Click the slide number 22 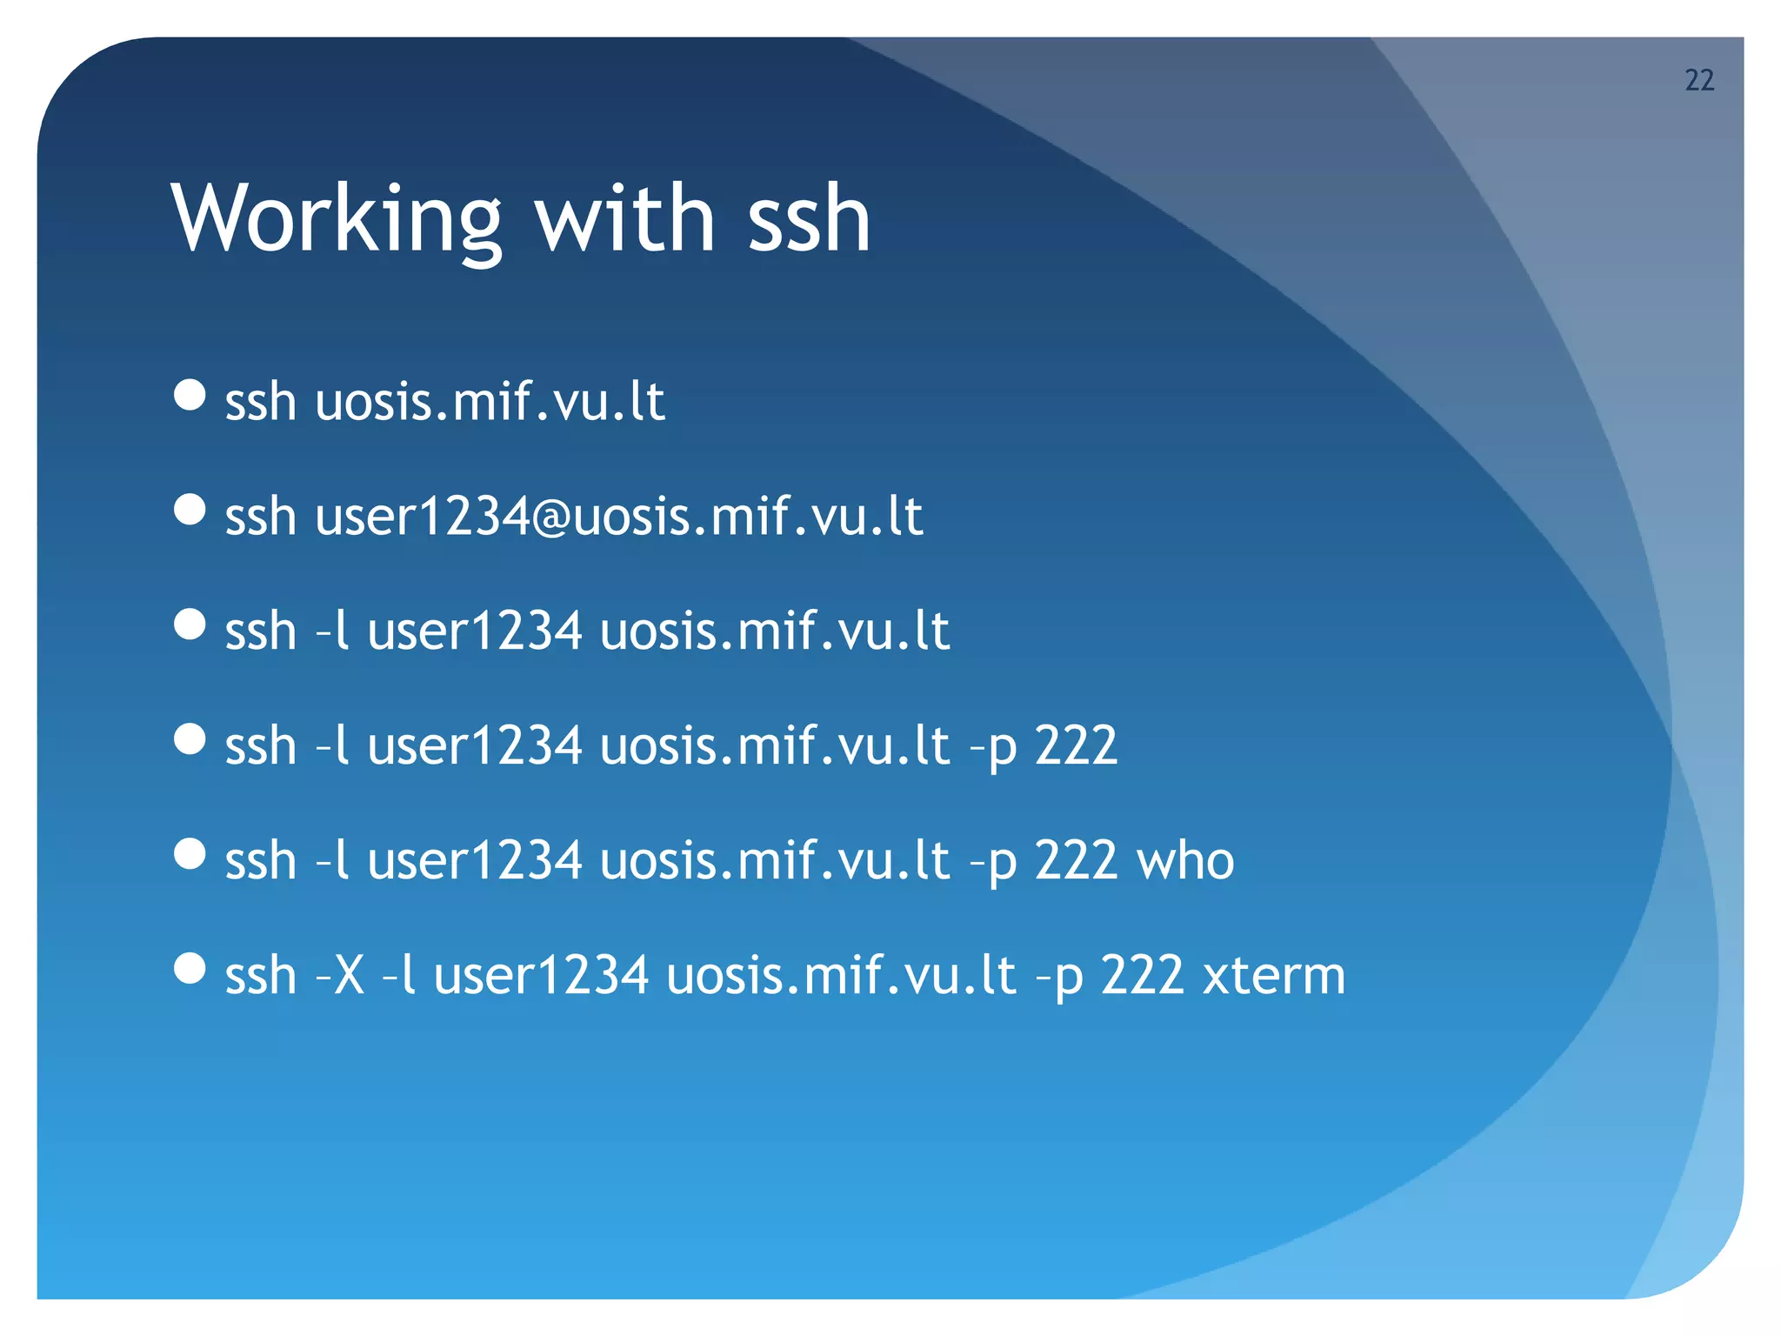(1699, 80)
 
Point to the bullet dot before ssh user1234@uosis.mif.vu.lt (190, 509)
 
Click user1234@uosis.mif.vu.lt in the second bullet (618, 517)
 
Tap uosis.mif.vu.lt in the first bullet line (490, 402)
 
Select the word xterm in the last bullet (1274, 976)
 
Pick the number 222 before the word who (1076, 861)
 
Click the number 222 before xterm (1142, 976)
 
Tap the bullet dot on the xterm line (190, 968)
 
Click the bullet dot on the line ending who (190, 853)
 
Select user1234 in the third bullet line (475, 631)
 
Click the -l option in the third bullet (333, 631)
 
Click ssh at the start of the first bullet (261, 402)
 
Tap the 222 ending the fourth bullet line (1076, 746)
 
